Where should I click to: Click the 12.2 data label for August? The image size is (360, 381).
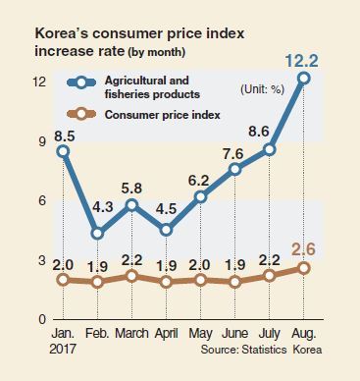click(x=301, y=61)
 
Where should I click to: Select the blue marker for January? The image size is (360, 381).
click(x=64, y=151)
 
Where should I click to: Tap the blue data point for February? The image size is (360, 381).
click(x=97, y=234)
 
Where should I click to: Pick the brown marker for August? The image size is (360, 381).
click(x=304, y=268)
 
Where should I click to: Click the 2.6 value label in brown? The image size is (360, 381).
click(x=303, y=249)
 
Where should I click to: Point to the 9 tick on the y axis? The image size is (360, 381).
click(x=42, y=141)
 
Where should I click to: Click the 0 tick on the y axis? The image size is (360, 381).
click(x=42, y=319)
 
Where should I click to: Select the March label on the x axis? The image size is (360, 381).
click(x=131, y=333)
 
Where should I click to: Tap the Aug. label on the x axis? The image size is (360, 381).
click(x=304, y=334)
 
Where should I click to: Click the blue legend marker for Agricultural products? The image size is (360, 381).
click(x=81, y=82)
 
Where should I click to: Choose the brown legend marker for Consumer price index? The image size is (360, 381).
click(x=81, y=114)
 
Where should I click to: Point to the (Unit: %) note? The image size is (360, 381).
click(x=262, y=89)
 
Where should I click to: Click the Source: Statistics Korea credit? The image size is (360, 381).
click(x=261, y=350)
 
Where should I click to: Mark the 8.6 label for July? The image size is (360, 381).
click(x=258, y=132)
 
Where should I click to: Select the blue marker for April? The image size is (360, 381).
click(x=166, y=230)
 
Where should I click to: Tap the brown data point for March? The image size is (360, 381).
click(x=131, y=276)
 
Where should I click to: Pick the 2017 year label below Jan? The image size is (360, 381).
click(x=63, y=349)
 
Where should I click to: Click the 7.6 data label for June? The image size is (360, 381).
click(x=232, y=153)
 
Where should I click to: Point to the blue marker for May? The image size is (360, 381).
click(x=201, y=197)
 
